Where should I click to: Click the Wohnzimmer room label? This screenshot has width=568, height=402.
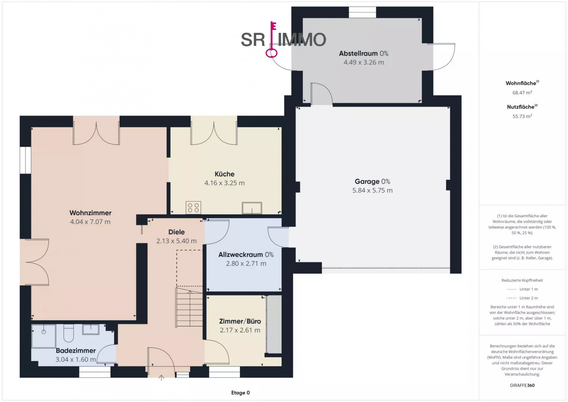coord(90,213)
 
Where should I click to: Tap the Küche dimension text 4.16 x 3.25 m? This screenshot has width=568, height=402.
coord(224,183)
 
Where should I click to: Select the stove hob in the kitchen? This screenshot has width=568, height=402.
coord(193,207)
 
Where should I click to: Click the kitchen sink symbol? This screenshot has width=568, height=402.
coord(252,208)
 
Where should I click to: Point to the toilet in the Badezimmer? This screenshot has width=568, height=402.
coord(68,333)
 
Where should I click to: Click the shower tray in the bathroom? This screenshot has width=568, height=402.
coord(44,336)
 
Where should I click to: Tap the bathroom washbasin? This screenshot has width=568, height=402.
coord(91,329)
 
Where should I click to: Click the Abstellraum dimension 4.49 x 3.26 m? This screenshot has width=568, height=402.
coord(364,62)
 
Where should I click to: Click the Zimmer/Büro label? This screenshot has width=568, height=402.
coord(240,321)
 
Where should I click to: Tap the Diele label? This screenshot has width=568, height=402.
coord(176,232)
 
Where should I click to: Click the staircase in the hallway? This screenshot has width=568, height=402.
coord(189,307)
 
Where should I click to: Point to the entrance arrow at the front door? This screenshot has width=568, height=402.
coord(161,378)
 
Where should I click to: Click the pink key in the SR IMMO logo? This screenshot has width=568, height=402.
coord(272,40)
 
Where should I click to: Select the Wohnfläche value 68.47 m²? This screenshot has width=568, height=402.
coord(522,93)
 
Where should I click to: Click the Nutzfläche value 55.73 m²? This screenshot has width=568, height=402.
coord(522,116)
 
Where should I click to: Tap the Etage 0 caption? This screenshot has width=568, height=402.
coord(240,393)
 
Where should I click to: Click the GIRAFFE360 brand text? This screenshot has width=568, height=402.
coord(522,385)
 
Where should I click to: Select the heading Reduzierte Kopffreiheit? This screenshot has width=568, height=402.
coord(522,280)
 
